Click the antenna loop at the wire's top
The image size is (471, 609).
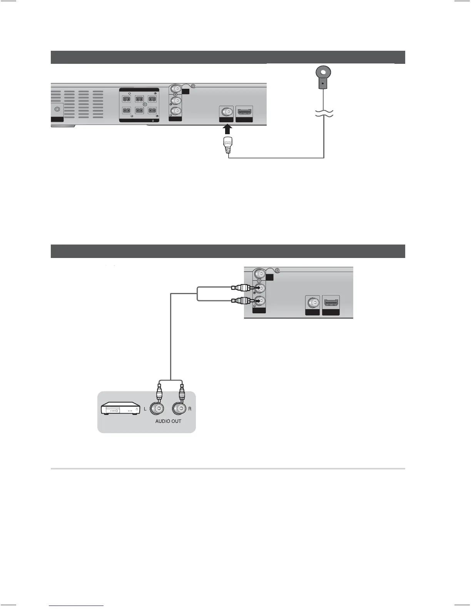click(323, 72)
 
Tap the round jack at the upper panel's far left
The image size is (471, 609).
click(57, 109)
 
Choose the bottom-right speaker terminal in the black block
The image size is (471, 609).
click(152, 111)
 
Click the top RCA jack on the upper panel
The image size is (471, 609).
click(176, 90)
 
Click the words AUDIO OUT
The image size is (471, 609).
click(168, 421)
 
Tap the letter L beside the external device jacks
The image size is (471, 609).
click(145, 409)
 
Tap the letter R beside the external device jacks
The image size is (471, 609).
click(190, 409)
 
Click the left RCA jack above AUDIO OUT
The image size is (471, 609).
click(158, 408)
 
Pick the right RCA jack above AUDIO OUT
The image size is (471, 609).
click(180, 408)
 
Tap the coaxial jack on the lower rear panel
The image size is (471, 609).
click(313, 303)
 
